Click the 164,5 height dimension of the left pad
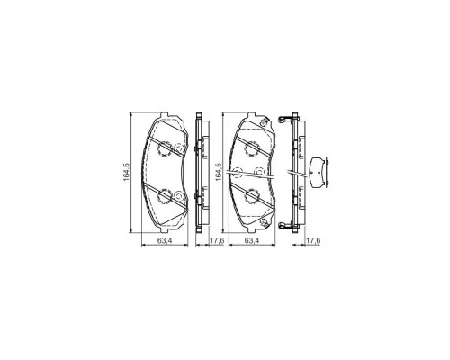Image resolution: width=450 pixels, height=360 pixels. point(126,172)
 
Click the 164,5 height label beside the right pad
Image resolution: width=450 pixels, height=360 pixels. point(219,172)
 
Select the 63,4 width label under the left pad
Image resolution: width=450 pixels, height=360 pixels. point(164,240)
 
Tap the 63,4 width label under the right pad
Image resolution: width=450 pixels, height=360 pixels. point(252,240)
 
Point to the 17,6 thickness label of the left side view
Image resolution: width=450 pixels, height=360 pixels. point(217,240)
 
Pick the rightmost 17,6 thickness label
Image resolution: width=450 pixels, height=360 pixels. point(313,240)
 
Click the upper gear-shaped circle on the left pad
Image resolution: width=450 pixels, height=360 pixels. point(165,148)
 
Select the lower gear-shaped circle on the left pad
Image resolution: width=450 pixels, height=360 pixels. point(165,197)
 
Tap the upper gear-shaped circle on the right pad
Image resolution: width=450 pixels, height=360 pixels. point(252,148)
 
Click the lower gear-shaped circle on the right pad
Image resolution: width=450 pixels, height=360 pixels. point(252,197)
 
